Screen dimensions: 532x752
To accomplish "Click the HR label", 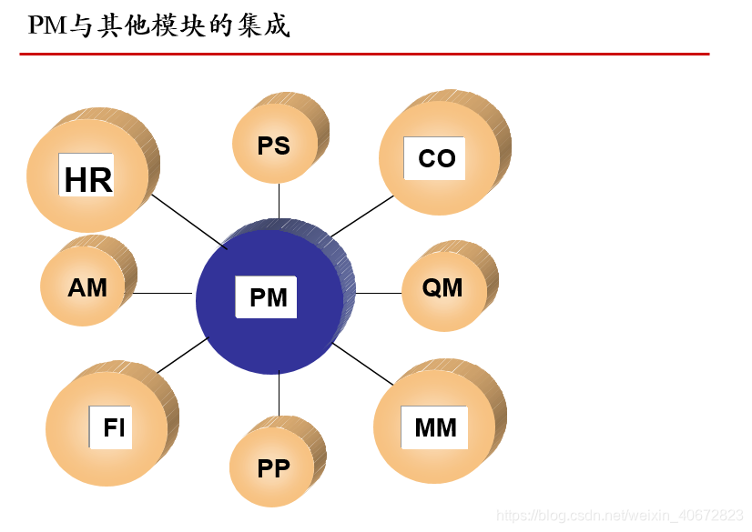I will point(87,179).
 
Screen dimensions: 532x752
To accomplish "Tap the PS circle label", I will point(273,146).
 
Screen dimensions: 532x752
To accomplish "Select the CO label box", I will point(436,158).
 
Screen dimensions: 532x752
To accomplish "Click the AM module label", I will point(87,288).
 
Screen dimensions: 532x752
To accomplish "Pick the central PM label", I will point(268,297).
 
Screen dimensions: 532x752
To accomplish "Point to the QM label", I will point(442,288).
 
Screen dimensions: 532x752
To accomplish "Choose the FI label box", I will point(114,427).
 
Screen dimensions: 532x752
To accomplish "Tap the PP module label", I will point(273,468).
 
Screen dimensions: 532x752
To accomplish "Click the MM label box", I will point(435,427).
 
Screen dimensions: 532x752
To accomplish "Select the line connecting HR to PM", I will point(188,221).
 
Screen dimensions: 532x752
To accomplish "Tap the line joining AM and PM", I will point(164,294).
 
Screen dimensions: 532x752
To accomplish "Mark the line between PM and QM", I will point(378,294).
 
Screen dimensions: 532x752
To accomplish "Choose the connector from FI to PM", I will point(182,356).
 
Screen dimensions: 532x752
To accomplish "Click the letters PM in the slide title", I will point(48,25).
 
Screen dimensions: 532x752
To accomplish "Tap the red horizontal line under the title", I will point(364,54).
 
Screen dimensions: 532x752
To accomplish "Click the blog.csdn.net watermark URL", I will point(619,516).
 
